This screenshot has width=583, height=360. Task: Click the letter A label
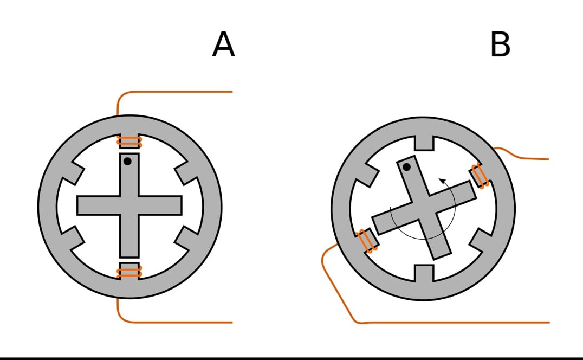click(223, 44)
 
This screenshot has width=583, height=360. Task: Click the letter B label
click(500, 44)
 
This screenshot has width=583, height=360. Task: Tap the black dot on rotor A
click(127, 162)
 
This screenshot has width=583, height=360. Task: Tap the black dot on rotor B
click(406, 168)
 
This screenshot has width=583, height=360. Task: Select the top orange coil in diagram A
click(129, 142)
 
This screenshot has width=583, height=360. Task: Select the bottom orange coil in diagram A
click(129, 270)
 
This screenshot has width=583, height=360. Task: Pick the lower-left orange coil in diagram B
click(367, 241)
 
